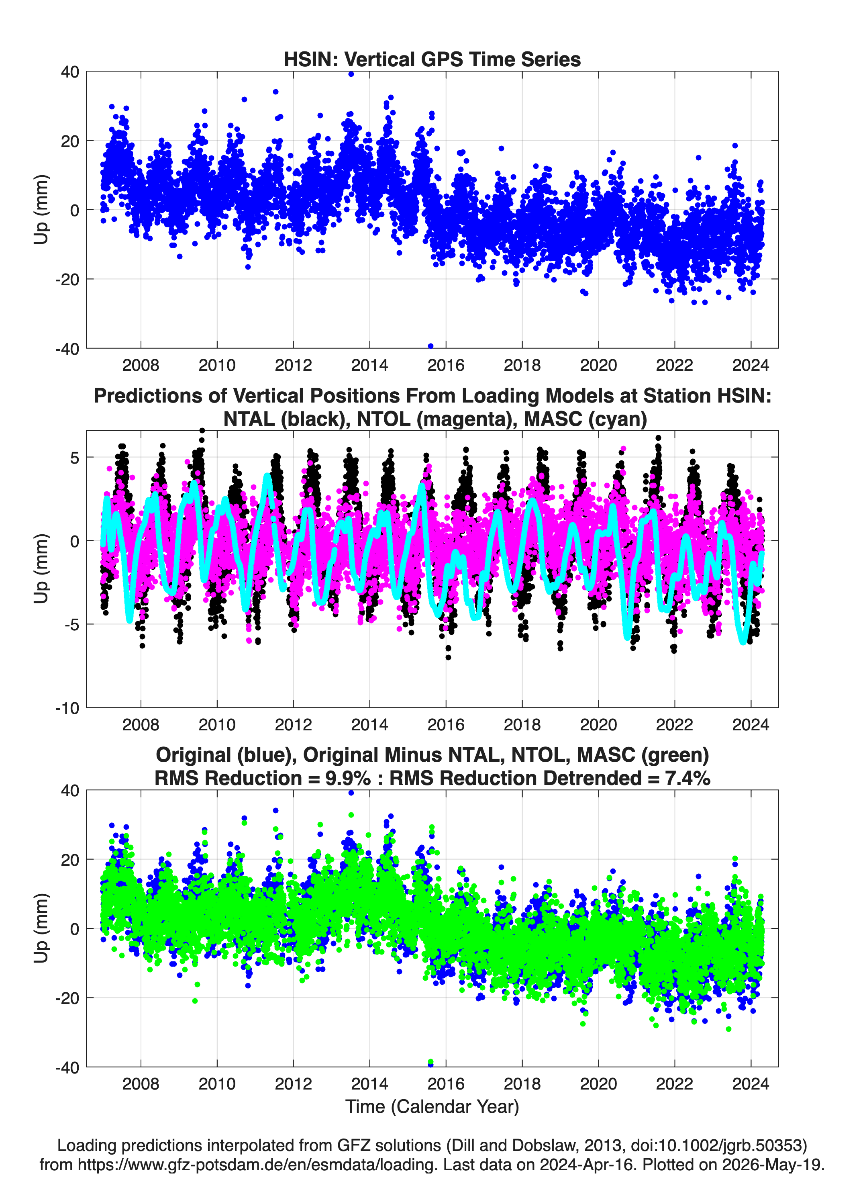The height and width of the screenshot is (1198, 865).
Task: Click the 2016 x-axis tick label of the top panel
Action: click(446, 365)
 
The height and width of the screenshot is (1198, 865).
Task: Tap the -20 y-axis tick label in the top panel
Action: click(67, 280)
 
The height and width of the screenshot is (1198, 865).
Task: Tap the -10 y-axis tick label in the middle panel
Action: click(67, 708)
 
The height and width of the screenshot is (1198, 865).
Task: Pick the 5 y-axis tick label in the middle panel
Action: click(74, 458)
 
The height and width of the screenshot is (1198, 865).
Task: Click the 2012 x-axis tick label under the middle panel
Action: click(293, 725)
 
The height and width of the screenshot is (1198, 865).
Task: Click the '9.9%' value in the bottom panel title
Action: click(348, 778)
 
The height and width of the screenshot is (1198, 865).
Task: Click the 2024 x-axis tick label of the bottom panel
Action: click(751, 1084)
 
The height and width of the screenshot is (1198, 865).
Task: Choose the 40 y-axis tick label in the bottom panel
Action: click(70, 791)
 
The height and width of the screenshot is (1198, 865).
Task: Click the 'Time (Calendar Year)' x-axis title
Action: click(432, 1107)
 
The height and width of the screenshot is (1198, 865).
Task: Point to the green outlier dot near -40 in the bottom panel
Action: click(430, 1062)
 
